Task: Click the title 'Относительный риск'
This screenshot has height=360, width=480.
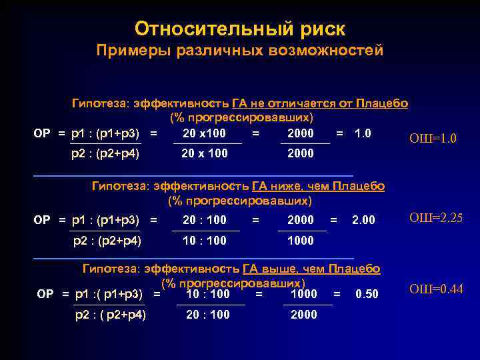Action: (240, 29)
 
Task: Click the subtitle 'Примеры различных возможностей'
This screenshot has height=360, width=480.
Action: (240, 51)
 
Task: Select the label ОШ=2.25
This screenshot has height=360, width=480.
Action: (435, 218)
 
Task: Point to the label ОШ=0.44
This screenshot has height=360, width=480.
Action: (435, 289)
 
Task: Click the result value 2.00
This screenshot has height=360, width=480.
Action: (363, 220)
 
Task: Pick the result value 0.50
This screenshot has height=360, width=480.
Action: (367, 294)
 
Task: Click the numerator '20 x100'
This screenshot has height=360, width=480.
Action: (204, 133)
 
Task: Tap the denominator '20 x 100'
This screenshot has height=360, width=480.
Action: (205, 153)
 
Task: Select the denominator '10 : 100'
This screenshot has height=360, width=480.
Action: (205, 241)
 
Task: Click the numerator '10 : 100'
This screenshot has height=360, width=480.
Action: (208, 293)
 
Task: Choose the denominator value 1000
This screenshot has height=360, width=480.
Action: (300, 241)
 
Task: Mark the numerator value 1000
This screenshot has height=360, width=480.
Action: (304, 293)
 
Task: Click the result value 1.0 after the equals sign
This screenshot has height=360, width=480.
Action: (363, 133)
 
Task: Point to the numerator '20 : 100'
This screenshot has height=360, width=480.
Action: (205, 220)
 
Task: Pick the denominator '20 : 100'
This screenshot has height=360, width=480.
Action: (208, 315)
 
